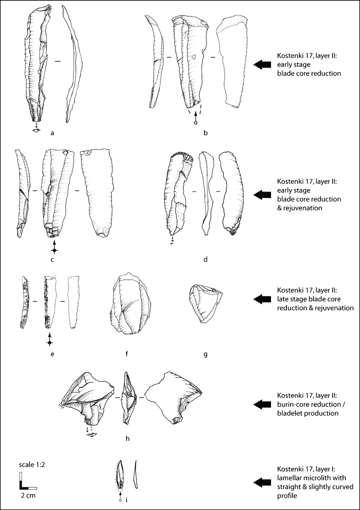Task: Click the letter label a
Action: click(x=52, y=132)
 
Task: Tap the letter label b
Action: click(x=205, y=132)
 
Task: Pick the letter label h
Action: click(x=127, y=438)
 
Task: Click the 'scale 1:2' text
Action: click(x=31, y=465)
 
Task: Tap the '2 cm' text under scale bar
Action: click(x=28, y=495)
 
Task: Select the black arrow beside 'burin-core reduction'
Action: click(x=262, y=404)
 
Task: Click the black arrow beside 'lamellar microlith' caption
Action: click(x=262, y=482)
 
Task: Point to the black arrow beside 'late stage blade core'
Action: click(x=262, y=298)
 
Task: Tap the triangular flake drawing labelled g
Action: click(x=205, y=303)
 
